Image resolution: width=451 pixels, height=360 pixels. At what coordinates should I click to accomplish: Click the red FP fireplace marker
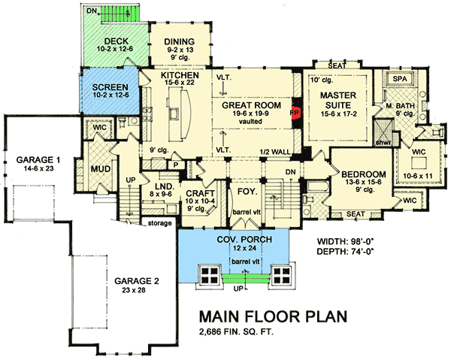[x=295, y=111]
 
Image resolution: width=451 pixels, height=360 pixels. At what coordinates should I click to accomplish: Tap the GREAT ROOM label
[x=246, y=106]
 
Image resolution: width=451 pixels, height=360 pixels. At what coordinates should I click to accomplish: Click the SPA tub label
[x=396, y=78]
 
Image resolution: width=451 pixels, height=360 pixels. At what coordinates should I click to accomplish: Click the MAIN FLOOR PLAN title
[x=273, y=316]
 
